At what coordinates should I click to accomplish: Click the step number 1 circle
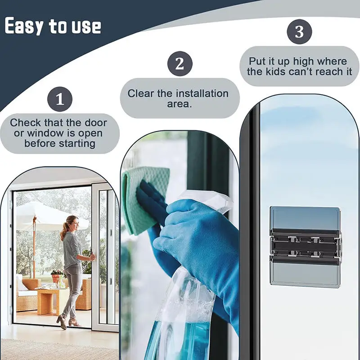60,99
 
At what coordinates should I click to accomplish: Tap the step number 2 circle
180,63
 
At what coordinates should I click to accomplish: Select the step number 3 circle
299,32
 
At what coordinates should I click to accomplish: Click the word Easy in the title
25,26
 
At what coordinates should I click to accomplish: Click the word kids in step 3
306,72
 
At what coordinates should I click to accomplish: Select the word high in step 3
303,61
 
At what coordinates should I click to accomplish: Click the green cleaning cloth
143,198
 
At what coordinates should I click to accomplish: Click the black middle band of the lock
305,247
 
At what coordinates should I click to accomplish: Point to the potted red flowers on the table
57,274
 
